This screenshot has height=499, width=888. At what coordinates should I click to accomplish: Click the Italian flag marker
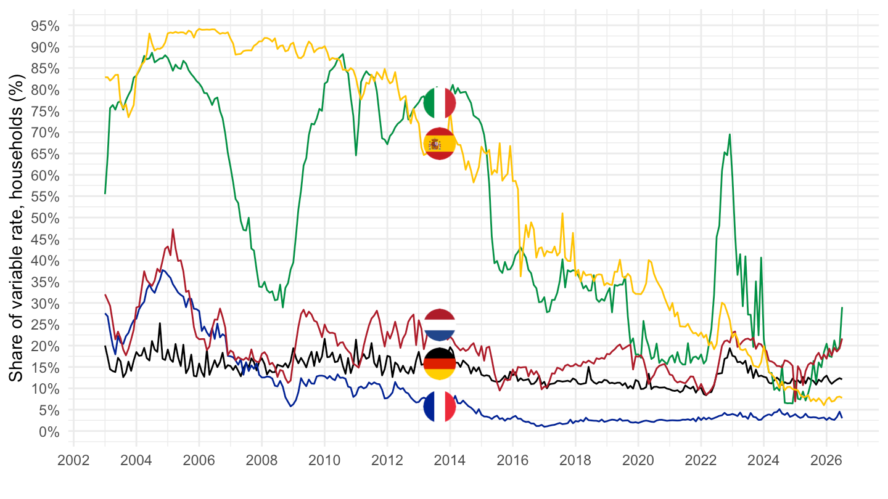439,102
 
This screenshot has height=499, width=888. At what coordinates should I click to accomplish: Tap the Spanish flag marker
439,144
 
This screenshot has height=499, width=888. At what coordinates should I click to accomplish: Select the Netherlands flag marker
439,325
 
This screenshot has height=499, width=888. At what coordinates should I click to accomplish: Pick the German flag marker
439,364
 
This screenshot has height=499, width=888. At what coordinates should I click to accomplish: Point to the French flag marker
439,407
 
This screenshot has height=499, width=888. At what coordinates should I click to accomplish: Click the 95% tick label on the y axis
45,26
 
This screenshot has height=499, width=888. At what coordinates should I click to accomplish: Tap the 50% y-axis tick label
45,218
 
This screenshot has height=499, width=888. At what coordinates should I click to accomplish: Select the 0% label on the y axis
49,432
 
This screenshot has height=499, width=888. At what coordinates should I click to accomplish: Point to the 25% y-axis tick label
45,325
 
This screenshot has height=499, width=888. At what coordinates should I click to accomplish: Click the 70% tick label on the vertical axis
45,132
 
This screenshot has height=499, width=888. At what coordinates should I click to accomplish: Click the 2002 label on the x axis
73,461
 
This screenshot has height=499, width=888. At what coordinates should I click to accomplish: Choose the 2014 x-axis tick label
450,461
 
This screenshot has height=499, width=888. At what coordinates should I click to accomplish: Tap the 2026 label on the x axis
826,461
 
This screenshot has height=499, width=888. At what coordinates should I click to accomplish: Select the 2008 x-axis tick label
261,461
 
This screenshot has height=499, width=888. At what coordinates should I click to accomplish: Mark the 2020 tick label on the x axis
638,461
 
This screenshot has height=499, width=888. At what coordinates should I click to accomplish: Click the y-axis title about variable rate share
16,228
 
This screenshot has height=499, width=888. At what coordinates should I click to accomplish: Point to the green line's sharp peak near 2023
730,135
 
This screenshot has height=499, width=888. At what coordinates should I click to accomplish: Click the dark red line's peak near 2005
173,229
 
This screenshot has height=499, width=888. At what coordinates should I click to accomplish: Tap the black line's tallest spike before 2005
160,323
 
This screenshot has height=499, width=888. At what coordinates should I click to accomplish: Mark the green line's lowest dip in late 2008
282,307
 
